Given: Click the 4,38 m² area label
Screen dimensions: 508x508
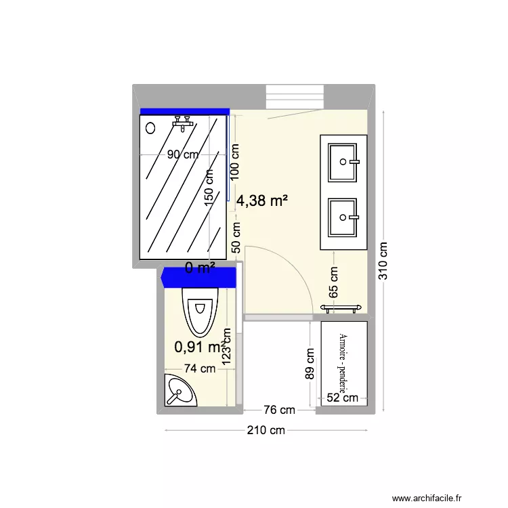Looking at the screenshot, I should pos(262,200).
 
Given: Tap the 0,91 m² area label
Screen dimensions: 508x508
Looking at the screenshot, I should pos(198,347).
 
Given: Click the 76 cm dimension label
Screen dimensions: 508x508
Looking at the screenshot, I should pos(279,410).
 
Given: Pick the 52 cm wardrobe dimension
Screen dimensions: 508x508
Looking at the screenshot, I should pos(342,398).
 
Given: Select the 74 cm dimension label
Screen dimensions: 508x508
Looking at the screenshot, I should pos(200,369).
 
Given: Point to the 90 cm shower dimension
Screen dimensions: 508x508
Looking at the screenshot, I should pos(184,154).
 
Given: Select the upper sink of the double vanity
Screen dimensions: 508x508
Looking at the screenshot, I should pos(343,162).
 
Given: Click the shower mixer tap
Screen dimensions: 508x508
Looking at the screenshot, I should pos(183,121).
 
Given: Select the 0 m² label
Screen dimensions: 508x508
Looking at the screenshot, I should pos(200,268).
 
